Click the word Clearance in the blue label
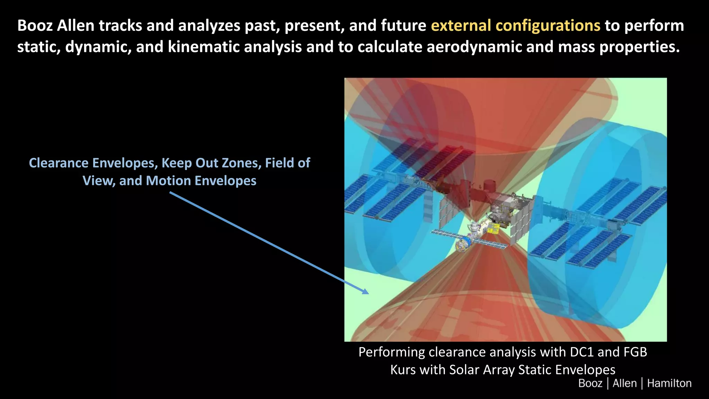pyautogui.click(x=59, y=163)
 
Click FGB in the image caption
pyautogui.click(x=635, y=352)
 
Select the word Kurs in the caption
pyautogui.click(x=401, y=370)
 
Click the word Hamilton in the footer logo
pyautogui.click(x=669, y=383)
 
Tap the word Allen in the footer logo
pyautogui.click(x=625, y=383)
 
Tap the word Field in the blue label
pyautogui.click(x=280, y=163)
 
